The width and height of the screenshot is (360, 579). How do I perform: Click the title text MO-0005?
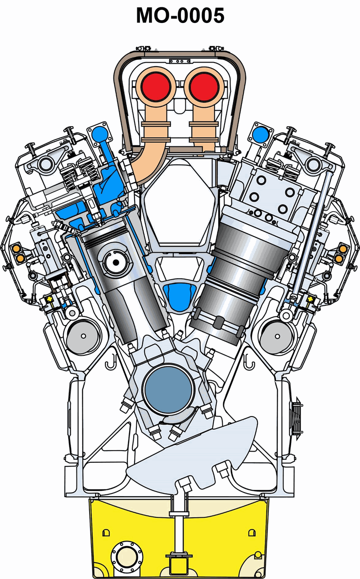[180, 15]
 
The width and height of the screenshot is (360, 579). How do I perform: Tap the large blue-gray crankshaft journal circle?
[168, 390]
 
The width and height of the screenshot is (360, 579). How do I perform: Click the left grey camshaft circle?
[83, 336]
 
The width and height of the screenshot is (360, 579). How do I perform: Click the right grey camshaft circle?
[277, 336]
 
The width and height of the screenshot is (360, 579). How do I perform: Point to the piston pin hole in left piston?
[116, 262]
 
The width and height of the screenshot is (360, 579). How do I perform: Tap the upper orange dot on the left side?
[16, 249]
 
